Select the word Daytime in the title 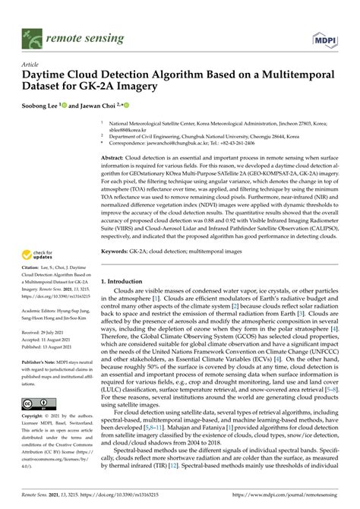[48, 78]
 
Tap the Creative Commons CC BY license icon [37, 403]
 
